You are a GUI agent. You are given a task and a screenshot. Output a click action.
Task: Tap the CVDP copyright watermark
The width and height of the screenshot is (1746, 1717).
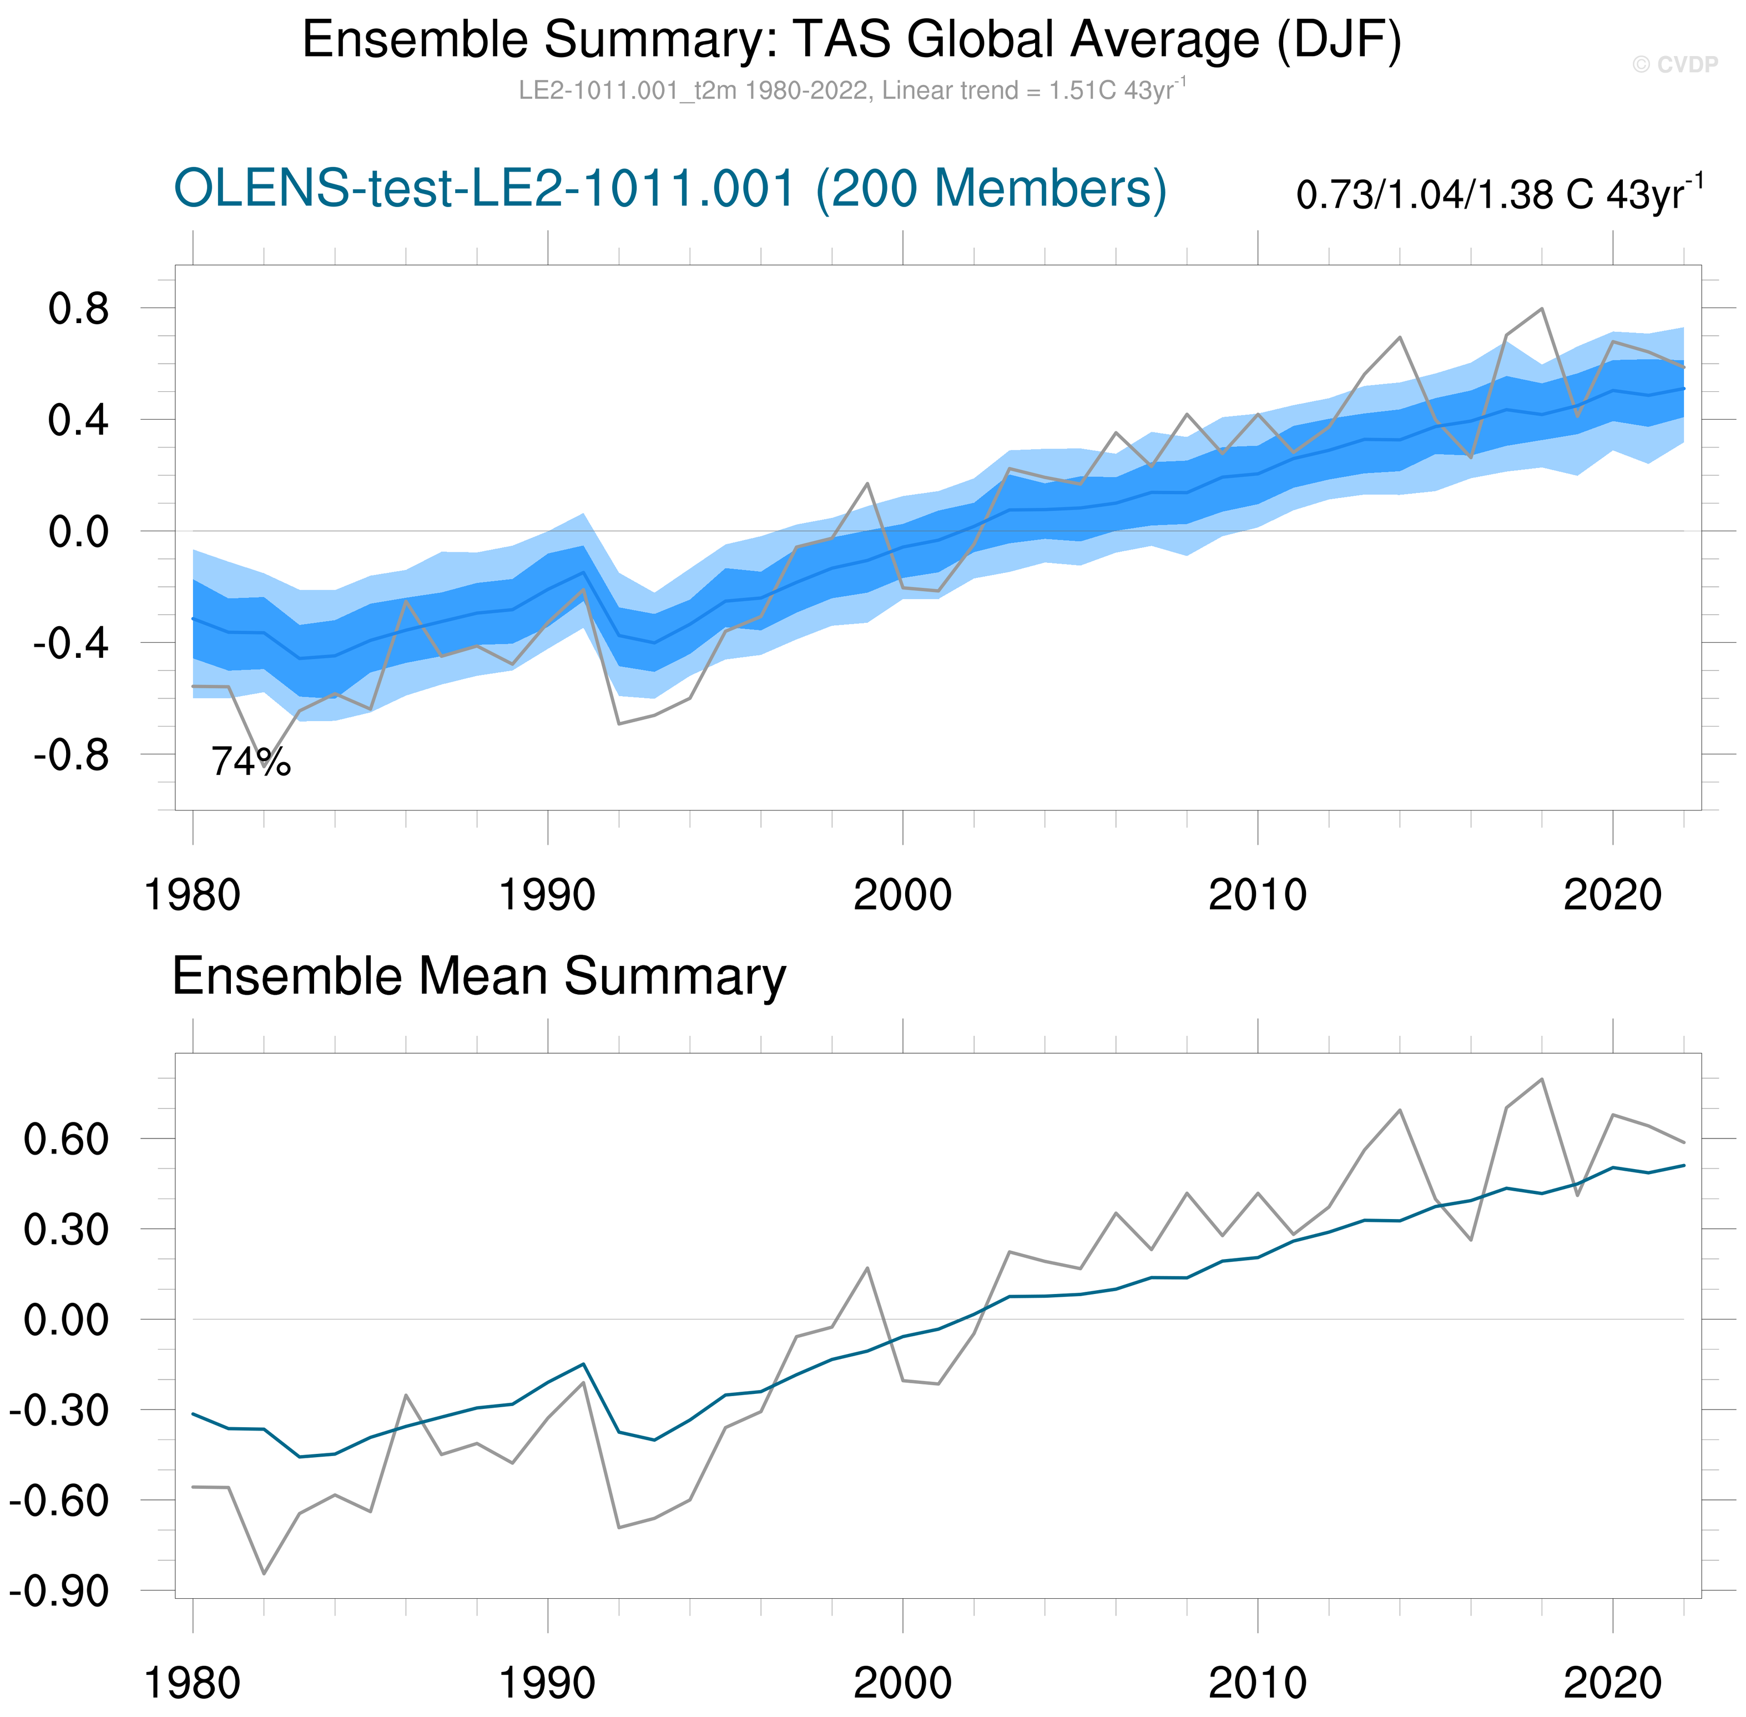pos(1675,65)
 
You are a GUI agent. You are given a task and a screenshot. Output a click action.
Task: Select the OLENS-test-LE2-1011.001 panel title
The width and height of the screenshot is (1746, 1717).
pos(670,189)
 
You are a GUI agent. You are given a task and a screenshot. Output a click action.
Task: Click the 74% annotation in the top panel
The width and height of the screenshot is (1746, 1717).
pos(251,762)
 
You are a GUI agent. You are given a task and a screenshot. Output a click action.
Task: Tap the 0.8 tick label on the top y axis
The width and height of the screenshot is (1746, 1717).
pos(78,309)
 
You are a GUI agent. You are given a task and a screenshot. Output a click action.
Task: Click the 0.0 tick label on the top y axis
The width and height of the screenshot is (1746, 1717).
pos(78,532)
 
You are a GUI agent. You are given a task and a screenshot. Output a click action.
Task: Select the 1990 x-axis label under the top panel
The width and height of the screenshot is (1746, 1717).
pos(547,895)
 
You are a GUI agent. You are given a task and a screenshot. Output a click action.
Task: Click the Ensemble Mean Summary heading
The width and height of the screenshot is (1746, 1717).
pos(478,976)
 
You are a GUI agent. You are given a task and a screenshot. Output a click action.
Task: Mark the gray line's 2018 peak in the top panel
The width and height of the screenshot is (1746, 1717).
pos(1541,309)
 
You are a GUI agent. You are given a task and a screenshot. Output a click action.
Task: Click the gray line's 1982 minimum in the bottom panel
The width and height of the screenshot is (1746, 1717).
pos(263,1574)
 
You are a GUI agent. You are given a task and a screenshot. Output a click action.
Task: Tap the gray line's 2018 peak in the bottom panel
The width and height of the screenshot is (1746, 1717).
pos(1541,1079)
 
